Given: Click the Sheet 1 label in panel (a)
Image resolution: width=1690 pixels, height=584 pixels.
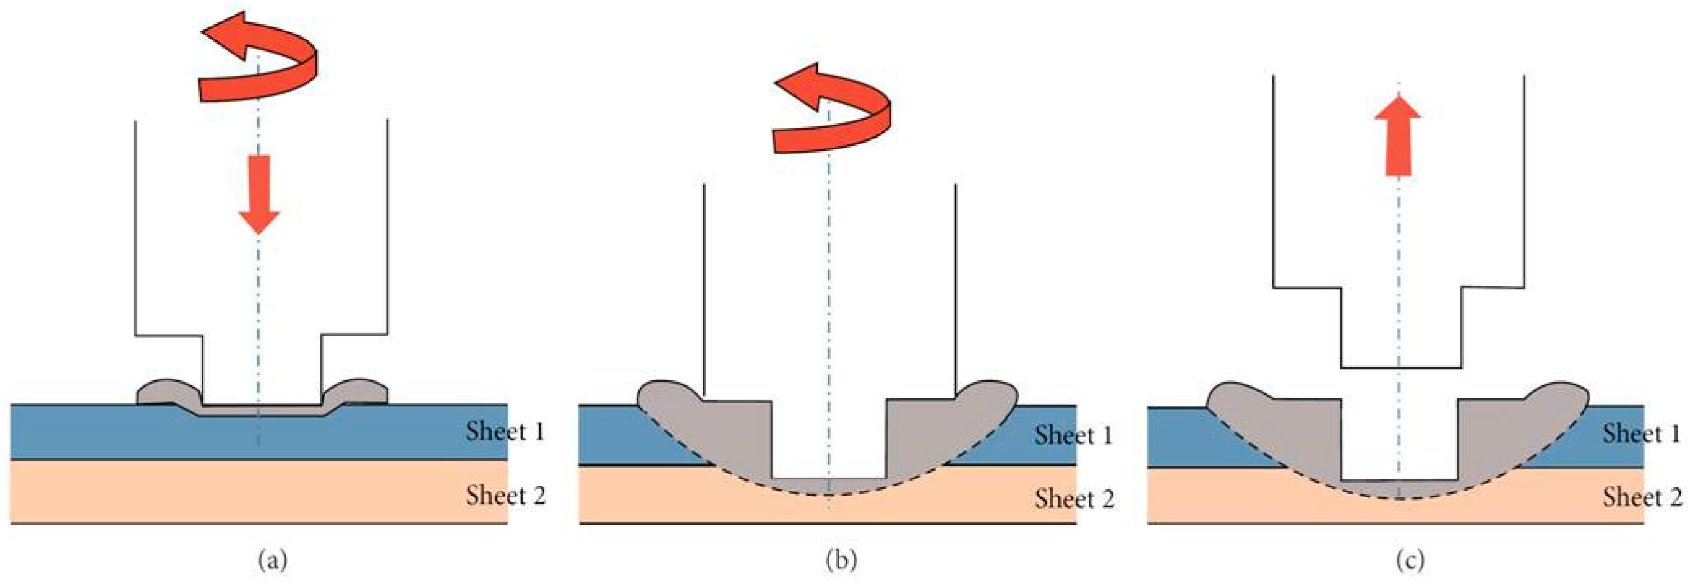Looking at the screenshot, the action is pyautogui.click(x=505, y=431).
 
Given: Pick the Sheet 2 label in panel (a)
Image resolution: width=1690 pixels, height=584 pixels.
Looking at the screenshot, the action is pyautogui.click(x=506, y=495).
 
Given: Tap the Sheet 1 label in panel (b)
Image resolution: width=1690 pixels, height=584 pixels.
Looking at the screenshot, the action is pyautogui.click(x=1074, y=436).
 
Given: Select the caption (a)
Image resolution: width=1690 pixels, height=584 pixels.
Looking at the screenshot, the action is pyautogui.click(x=273, y=561).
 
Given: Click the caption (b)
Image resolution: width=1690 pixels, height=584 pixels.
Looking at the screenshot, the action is pyautogui.click(x=842, y=561).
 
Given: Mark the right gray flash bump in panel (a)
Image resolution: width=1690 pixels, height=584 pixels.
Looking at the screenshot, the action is pyautogui.click(x=358, y=392).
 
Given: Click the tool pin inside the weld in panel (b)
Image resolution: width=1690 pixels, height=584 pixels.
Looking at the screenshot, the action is pyautogui.click(x=829, y=440).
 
